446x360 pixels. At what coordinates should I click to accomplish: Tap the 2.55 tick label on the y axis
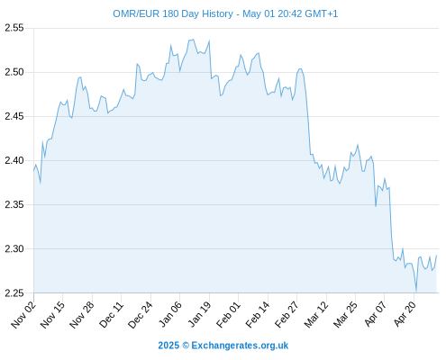[x=14, y=28]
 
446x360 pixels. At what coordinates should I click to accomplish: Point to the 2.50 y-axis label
[x=14, y=72]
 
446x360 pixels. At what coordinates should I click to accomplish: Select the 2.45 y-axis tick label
[x=14, y=116]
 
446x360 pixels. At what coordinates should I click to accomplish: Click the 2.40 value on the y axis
[x=14, y=160]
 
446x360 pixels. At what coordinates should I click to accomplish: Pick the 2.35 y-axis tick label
[x=14, y=204]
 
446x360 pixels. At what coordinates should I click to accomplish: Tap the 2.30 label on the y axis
[x=14, y=248]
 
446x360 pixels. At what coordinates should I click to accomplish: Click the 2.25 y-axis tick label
[x=14, y=292]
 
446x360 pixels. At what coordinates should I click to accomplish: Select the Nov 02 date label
[x=23, y=315]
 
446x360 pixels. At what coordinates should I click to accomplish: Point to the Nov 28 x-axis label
[x=82, y=315]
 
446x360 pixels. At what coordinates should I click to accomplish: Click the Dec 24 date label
[x=141, y=315]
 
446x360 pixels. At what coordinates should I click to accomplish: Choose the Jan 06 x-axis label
[x=170, y=314]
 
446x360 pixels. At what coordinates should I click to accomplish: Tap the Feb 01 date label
[x=229, y=314]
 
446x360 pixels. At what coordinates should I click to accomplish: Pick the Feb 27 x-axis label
[x=287, y=315]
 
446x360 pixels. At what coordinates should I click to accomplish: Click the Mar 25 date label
[x=345, y=315]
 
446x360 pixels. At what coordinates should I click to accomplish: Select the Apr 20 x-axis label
[x=405, y=314]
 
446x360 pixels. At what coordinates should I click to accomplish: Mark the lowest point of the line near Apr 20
[x=416, y=292]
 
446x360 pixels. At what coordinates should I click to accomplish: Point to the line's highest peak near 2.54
[x=193, y=40]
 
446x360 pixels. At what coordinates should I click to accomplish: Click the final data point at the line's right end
[x=436, y=256]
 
